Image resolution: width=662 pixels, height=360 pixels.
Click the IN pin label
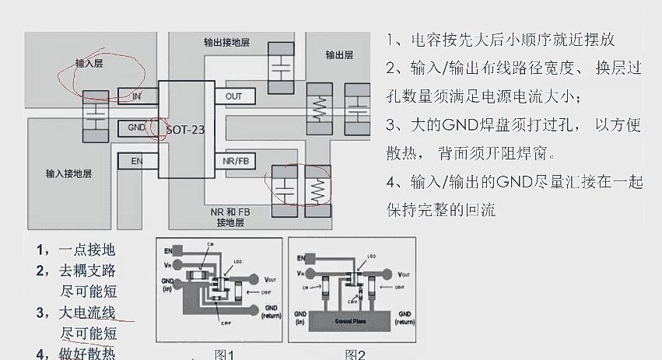point(137,96)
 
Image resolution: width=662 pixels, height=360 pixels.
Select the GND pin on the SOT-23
point(136,127)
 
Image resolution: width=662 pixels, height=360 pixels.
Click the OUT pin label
point(234,96)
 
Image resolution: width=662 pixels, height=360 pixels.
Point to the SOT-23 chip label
point(186,129)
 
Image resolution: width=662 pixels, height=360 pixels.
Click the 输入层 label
point(89,64)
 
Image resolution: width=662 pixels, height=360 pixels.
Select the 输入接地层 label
point(68,173)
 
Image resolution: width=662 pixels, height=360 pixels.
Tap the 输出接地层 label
point(227,42)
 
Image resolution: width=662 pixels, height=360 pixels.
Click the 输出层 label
point(339,55)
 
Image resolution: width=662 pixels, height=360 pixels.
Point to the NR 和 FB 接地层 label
point(230,217)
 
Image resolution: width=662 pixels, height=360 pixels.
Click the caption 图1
point(225,355)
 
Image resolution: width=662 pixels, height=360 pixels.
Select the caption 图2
point(356,355)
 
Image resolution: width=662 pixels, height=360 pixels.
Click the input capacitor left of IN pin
point(95,117)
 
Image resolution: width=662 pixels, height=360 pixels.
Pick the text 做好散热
point(87,354)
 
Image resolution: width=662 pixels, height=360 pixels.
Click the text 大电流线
point(87,313)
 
